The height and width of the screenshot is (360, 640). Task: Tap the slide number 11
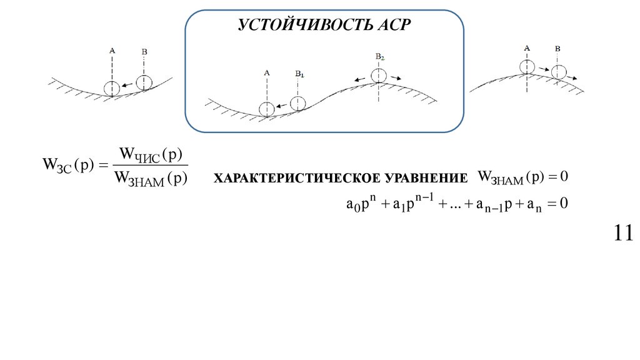click(623, 233)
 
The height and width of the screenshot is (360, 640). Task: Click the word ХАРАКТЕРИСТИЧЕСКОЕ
click(294, 179)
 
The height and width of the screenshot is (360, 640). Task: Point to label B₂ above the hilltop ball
click(379, 56)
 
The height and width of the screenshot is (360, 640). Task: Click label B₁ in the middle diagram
click(299, 74)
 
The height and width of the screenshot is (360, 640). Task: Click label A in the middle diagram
click(267, 72)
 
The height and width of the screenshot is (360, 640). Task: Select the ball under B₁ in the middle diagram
click(299, 103)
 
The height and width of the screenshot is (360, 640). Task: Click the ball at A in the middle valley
click(267, 109)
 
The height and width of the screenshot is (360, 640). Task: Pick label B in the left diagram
click(144, 51)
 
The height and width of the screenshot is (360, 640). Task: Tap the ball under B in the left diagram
click(144, 82)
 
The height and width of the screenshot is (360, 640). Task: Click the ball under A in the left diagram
click(111, 88)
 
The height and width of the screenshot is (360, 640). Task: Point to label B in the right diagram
click(557, 49)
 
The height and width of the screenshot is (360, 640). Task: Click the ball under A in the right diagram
click(527, 66)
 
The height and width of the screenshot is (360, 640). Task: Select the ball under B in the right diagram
click(559, 72)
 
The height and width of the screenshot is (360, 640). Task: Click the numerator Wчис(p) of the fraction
click(149, 154)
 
